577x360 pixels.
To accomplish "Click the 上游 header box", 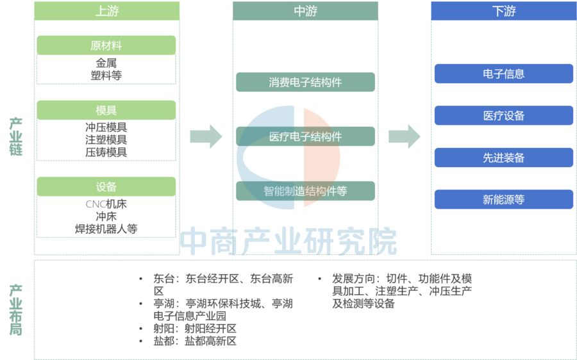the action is tap(106, 11).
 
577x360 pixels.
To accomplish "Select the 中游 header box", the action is tap(305, 11).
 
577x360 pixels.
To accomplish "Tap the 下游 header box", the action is tap(504, 11).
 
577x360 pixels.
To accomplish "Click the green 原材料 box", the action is tap(106, 45).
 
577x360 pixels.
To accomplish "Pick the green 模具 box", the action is tap(106, 110).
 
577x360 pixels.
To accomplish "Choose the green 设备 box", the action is tap(106, 186).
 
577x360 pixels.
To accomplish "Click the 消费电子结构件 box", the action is tap(305, 82).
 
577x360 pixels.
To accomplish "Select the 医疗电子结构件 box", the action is tap(305, 136).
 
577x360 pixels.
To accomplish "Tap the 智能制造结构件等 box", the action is tap(305, 191).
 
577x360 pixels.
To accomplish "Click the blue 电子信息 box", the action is tap(504, 74).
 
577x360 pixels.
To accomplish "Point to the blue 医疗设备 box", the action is tap(504, 115).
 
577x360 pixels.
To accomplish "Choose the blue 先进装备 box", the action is tap(504, 158).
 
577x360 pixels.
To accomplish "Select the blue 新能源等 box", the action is tap(504, 199).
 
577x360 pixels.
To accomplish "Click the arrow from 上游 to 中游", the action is tap(206, 136).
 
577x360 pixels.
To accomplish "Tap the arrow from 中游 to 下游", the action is tap(405, 136).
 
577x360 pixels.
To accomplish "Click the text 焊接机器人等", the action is tap(106, 229).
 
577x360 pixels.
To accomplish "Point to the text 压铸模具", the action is tap(106, 152).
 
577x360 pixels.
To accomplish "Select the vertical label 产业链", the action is tap(16, 136).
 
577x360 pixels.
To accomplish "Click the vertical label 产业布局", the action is tap(16, 310).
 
